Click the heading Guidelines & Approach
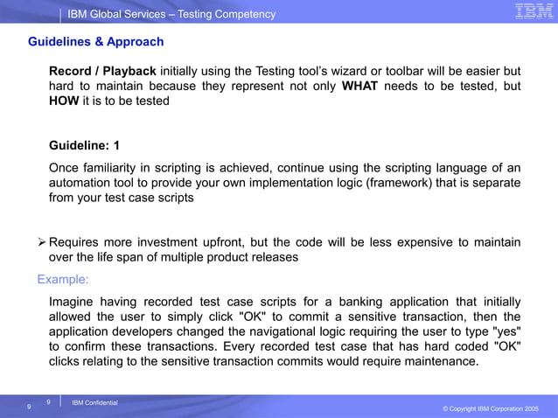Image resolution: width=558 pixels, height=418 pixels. click(95, 42)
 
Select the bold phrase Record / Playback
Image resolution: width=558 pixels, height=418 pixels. click(102, 71)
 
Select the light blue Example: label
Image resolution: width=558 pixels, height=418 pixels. click(63, 280)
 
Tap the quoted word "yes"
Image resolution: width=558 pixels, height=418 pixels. click(505, 331)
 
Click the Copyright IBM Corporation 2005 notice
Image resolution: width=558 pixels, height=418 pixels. click(491, 409)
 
